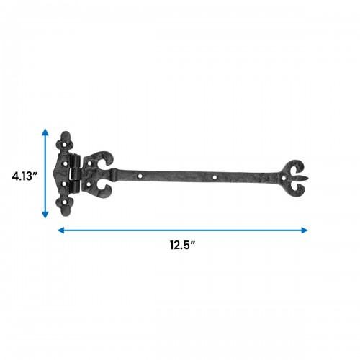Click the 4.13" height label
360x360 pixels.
coord(24,176)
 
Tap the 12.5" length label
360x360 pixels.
coord(182,245)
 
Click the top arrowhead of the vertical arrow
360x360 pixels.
coord(45,132)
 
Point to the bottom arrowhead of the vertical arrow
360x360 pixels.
coord(45,215)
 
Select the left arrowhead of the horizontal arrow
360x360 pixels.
coord(61,230)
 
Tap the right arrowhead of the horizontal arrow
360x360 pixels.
coord(305,230)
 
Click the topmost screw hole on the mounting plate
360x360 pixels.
coord(65,145)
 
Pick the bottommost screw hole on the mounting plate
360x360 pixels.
coord(65,202)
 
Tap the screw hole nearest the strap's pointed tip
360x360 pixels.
coord(284,178)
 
